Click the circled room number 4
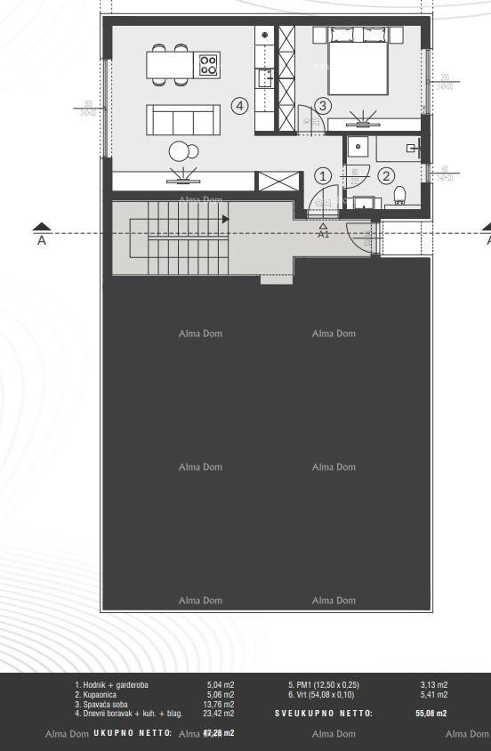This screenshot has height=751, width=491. tap(239, 106)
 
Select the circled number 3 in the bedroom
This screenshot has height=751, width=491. tap(323, 106)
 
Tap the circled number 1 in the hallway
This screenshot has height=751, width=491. tap(323, 175)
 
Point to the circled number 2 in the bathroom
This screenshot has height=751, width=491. tap(386, 175)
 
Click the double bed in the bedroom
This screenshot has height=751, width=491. tap(358, 61)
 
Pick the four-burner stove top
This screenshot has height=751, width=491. tap(209, 64)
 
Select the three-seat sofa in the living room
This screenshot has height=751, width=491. tap(183, 119)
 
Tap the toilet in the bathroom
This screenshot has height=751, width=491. tap(399, 196)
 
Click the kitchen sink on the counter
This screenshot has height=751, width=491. tap(265, 78)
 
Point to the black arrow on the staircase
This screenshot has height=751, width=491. tap(226, 219)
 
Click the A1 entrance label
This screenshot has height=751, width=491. tap(324, 234)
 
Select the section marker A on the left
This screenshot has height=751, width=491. tap(41, 234)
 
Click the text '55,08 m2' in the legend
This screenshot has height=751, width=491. tap(431, 714)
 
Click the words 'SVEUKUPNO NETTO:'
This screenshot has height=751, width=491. tap(324, 714)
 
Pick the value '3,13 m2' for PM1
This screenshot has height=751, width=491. tap(433, 684)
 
